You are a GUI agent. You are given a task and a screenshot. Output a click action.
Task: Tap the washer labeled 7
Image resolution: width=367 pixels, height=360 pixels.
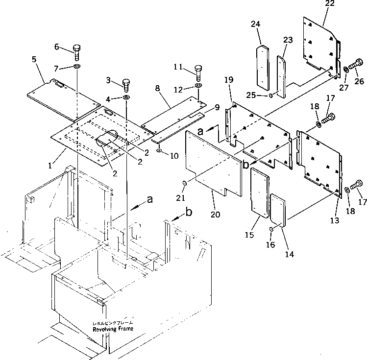[77, 66]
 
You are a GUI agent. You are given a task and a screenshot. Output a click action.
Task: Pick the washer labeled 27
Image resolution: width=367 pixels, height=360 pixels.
[346, 70]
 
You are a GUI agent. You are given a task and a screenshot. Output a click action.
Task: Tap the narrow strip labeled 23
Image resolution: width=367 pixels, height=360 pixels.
[283, 76]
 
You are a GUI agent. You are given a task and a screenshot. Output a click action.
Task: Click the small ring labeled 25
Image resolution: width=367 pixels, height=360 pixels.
[270, 95]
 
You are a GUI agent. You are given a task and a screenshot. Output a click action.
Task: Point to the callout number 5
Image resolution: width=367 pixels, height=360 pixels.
[34, 60]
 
